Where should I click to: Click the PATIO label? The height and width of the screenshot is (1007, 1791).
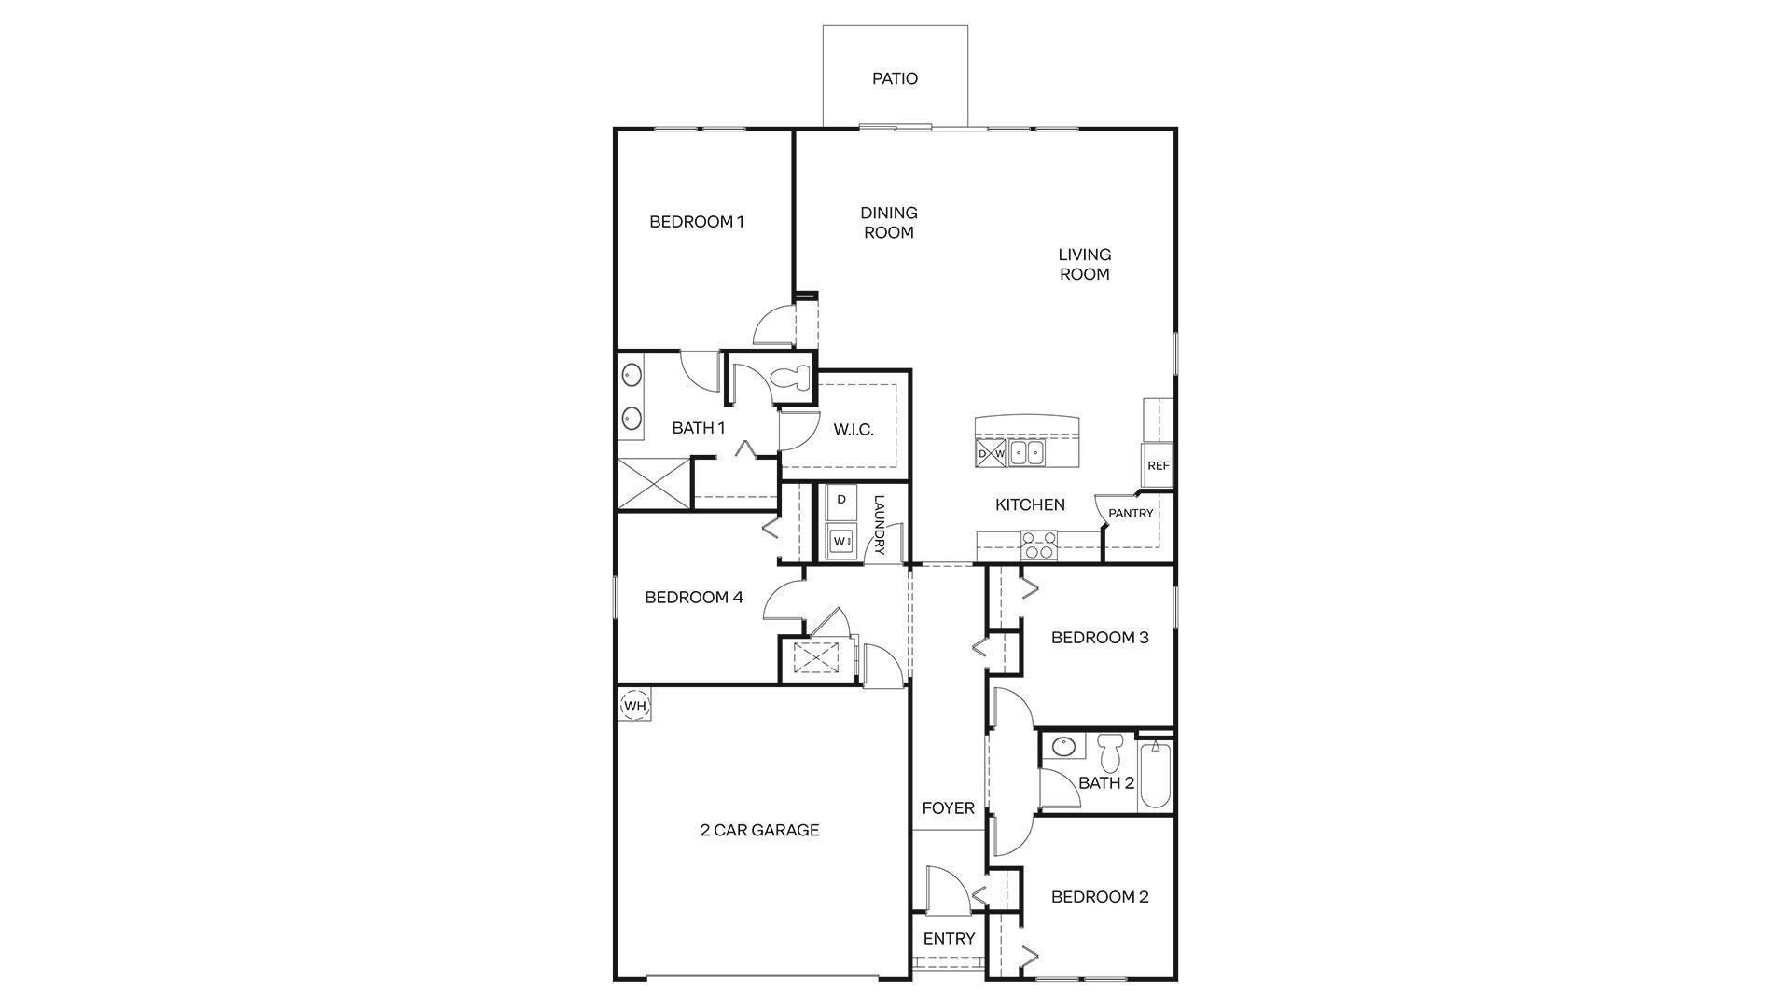click(x=895, y=79)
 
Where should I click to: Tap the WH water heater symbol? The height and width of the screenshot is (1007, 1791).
click(x=634, y=706)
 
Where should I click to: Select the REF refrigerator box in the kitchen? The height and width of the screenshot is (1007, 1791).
click(x=1158, y=465)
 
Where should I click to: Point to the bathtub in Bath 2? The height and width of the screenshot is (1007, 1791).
click(x=1155, y=774)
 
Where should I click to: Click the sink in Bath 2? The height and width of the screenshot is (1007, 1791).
click(x=1062, y=746)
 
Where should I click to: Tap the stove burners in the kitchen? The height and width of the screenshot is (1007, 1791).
click(x=1038, y=545)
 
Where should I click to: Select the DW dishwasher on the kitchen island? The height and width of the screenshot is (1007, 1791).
click(x=991, y=454)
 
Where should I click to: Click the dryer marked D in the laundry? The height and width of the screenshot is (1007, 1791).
click(x=841, y=501)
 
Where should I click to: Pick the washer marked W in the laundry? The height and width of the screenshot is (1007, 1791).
click(x=841, y=541)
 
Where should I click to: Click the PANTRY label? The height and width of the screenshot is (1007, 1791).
click(x=1131, y=514)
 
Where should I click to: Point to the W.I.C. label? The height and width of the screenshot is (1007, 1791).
click(x=853, y=430)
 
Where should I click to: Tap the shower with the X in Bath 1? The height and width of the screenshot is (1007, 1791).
click(x=654, y=483)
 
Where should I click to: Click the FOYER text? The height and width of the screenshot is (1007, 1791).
click(x=948, y=808)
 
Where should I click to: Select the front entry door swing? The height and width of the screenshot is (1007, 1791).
click(x=944, y=890)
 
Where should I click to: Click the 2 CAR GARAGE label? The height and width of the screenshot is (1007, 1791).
click(x=759, y=830)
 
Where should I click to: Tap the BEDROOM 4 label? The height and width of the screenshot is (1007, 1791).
click(x=693, y=598)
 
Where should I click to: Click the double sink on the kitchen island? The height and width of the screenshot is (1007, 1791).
click(x=1027, y=453)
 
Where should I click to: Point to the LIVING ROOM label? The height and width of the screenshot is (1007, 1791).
click(x=1084, y=264)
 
